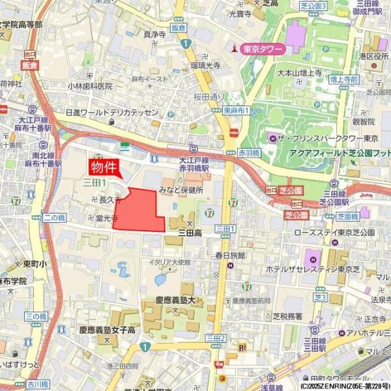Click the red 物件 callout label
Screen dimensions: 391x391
104,167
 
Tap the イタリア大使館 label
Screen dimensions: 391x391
169,262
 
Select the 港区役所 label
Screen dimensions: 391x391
372,57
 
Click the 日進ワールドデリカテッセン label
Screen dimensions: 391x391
111,112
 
